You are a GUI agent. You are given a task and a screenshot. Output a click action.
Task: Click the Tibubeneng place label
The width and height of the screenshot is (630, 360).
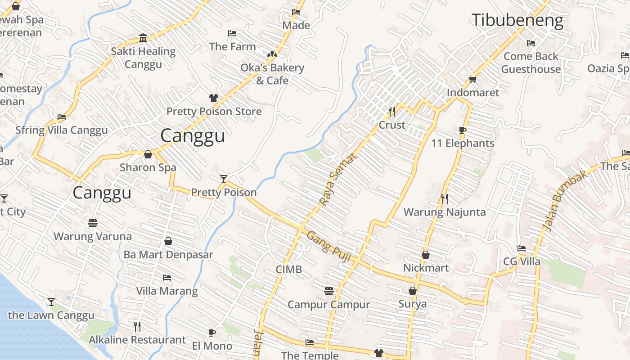(x=517, y=21)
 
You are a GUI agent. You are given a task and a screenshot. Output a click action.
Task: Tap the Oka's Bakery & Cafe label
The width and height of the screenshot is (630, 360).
(x=272, y=74)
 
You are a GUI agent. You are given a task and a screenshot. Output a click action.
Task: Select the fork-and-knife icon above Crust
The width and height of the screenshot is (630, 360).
(x=392, y=111)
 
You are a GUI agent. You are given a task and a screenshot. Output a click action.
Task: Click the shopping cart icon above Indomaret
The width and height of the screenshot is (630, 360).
(x=472, y=79)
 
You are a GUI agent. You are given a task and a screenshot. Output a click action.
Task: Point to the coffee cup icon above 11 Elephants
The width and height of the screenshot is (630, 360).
(x=463, y=130)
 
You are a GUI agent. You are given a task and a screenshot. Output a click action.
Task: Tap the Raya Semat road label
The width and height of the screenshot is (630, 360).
(x=338, y=178)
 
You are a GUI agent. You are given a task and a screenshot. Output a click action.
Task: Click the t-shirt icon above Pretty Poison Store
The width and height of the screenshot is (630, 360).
(x=214, y=98)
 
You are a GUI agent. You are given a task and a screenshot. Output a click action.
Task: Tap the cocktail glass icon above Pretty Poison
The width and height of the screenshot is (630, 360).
(x=224, y=179)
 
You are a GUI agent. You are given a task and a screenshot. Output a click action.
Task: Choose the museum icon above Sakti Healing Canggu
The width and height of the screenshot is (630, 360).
(x=143, y=38)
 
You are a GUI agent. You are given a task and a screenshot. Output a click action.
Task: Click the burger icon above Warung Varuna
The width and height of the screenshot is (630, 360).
(x=93, y=223)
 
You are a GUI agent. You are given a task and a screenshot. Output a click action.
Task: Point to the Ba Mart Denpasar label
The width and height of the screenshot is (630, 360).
(x=168, y=255)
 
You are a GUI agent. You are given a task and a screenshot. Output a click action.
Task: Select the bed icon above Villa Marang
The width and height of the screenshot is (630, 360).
(x=167, y=277)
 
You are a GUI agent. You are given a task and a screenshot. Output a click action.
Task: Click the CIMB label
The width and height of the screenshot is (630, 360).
(x=288, y=270)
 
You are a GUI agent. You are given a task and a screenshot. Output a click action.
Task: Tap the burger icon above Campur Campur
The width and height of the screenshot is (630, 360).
(x=328, y=291)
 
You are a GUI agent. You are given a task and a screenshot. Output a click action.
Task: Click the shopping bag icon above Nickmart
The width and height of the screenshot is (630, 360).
(x=426, y=255)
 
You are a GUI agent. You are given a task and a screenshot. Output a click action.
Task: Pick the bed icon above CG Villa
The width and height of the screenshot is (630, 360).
(x=522, y=248)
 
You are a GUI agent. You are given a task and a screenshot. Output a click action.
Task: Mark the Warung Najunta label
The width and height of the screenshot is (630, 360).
(x=445, y=212)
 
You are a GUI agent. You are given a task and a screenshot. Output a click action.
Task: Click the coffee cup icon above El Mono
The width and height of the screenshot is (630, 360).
(x=212, y=333)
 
